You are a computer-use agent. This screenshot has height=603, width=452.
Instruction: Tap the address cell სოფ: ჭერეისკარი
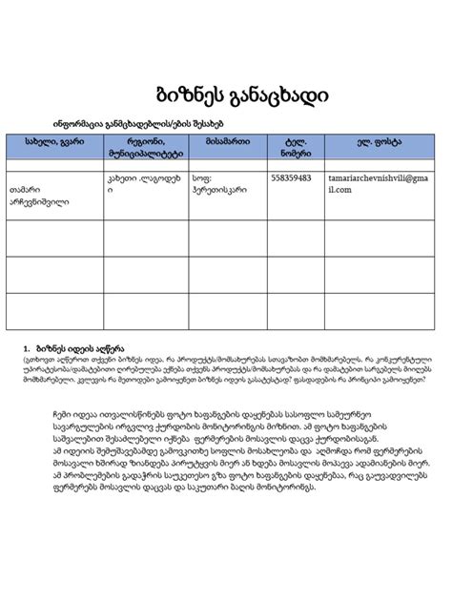pos(220,183)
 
